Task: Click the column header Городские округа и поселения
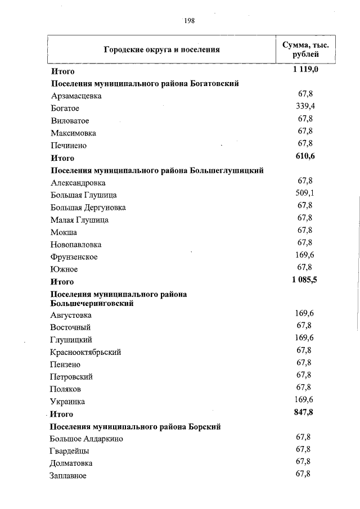point(161,49)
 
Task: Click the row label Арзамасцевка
point(76,96)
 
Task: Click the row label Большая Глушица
point(83,195)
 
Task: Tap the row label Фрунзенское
point(74,257)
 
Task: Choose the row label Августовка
point(71,316)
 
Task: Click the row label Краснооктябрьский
point(85,353)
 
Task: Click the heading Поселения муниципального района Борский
point(136,427)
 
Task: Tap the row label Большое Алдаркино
point(87,439)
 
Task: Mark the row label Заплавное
point(68,476)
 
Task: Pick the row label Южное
point(64,269)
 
